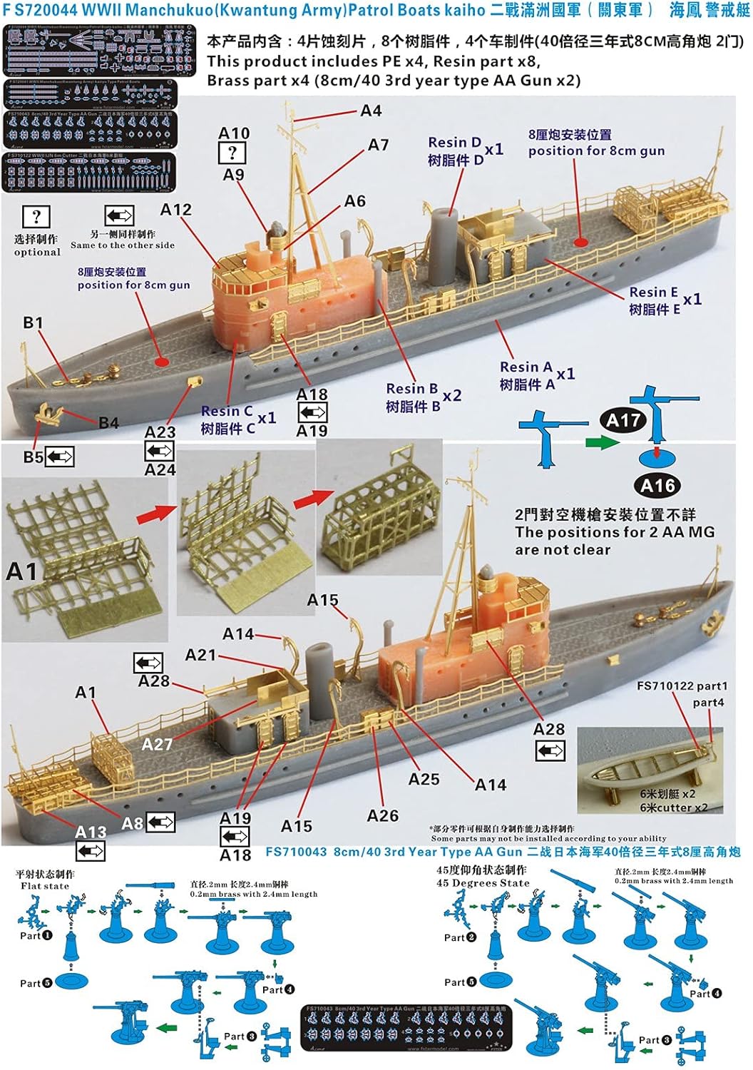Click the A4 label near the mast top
point(371,111)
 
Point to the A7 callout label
point(378,146)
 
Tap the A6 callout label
point(354,202)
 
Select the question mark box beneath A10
point(232,153)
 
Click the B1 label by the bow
point(33,323)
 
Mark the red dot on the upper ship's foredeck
point(162,362)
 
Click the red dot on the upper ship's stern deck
point(581,242)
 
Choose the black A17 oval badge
point(623,421)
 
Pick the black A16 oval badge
point(657,486)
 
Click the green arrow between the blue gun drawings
point(602,443)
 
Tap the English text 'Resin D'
point(454,143)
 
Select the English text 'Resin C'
point(227,412)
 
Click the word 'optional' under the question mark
point(37,253)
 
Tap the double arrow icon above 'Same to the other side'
point(119,215)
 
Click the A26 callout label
point(382,815)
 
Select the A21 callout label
point(200,655)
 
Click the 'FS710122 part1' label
point(682,686)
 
